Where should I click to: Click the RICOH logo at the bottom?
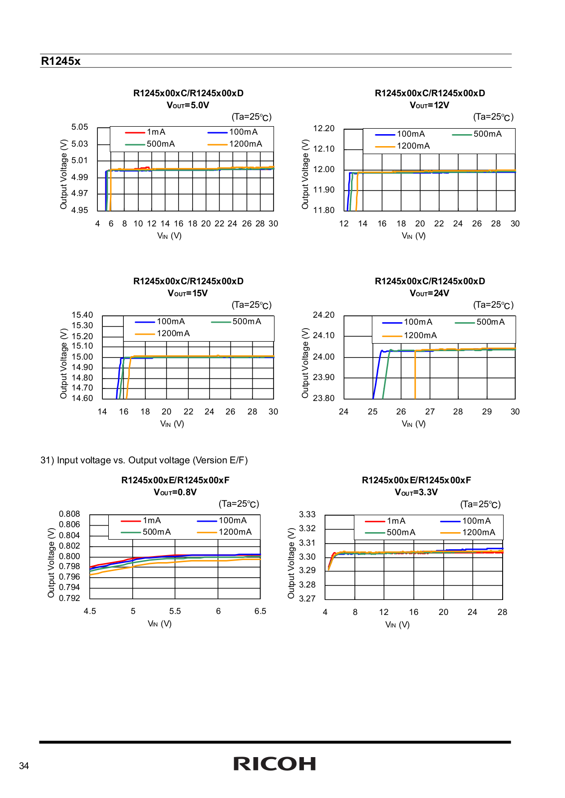coord(275,764)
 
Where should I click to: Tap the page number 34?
coord(24,766)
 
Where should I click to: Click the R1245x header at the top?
coord(60,61)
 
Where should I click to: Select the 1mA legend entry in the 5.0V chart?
coord(145,132)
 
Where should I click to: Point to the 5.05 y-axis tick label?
coord(79,127)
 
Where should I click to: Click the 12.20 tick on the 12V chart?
coord(323,128)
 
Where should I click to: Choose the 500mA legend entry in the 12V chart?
coord(477,134)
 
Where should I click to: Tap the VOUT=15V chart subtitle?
coord(188,293)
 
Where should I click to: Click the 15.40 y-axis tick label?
coord(82,315)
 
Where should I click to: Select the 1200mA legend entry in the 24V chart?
coord(409,336)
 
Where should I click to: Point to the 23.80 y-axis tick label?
coord(323,398)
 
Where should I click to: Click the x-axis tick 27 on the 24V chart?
coord(430,412)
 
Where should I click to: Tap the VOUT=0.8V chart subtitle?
coord(175,492)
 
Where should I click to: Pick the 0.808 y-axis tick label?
coord(69,514)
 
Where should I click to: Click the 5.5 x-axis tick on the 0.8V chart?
coord(175,611)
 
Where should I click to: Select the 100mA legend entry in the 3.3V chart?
coord(465,521)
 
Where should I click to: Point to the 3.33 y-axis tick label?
coord(307,514)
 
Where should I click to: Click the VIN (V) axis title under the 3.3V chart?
coord(397,624)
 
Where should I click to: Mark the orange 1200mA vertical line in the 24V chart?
coord(415,375)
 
